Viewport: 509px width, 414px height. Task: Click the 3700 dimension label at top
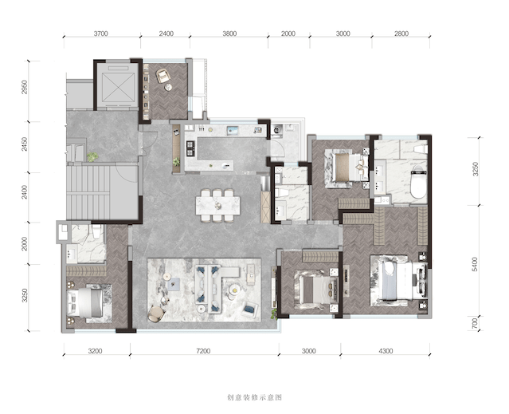tap(100, 34)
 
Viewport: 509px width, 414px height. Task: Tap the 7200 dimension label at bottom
tap(204, 351)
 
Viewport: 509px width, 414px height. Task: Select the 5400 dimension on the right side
tap(475, 264)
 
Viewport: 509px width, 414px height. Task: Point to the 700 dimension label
tap(475, 323)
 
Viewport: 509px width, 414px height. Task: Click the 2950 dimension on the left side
tap(25, 88)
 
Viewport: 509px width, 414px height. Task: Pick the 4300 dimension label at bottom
tap(386, 351)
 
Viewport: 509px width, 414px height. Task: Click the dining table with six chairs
tap(217, 205)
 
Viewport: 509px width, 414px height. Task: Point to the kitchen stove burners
tap(190, 148)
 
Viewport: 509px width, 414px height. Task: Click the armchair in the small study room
tap(163, 76)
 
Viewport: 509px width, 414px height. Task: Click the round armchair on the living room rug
tap(156, 314)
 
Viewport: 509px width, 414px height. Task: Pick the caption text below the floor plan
tap(254, 397)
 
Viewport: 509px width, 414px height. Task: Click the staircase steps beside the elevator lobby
tap(88, 193)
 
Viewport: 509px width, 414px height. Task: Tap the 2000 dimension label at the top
tap(288, 34)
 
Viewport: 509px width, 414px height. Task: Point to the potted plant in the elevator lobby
tap(92, 157)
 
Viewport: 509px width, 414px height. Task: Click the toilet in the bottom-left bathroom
tap(96, 231)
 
